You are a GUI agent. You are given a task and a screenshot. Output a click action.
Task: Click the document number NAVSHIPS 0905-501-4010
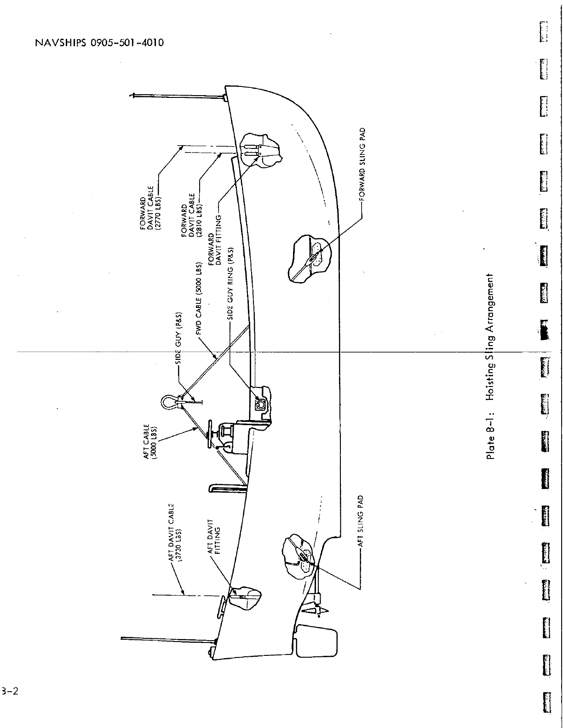tap(99, 43)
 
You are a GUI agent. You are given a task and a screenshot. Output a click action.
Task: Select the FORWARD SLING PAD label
tap(362, 165)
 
